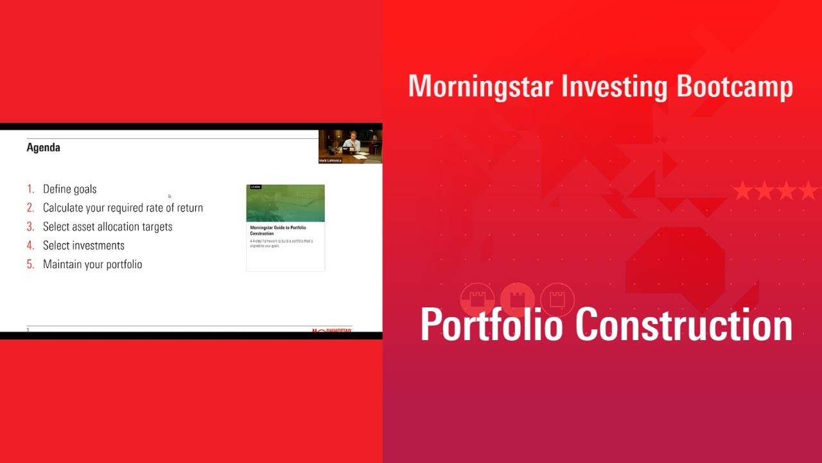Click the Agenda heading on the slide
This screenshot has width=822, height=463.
point(43,147)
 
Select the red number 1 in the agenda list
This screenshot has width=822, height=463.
point(30,189)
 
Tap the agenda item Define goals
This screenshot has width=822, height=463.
point(69,189)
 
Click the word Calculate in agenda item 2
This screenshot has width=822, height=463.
point(63,208)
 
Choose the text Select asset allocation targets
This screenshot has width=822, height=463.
point(107,226)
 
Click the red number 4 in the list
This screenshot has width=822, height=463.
point(30,245)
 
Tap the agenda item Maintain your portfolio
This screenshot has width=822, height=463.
point(92,264)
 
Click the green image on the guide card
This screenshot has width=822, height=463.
point(285,203)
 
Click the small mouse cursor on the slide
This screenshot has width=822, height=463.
point(170,196)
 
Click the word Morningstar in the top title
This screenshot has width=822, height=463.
point(481,86)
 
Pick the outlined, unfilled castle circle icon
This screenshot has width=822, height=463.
point(557,299)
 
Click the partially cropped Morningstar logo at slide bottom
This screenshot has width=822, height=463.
point(331,331)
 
